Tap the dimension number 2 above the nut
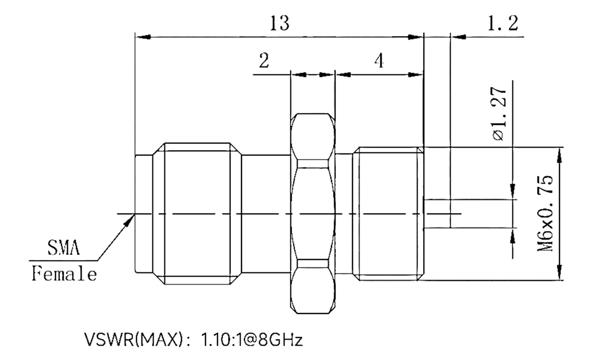coord(263,61)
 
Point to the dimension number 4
coord(379,61)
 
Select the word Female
coord(64,274)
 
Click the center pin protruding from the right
coord(442,214)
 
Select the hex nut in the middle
coord(313,214)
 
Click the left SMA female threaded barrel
coord(199,214)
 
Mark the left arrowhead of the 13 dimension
coord(139,35)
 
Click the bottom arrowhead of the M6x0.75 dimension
coord(559,275)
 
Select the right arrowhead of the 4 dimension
coord(418,74)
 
